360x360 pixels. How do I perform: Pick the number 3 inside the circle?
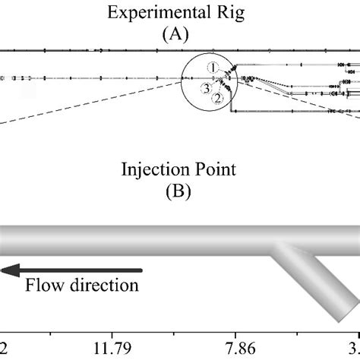205,88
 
